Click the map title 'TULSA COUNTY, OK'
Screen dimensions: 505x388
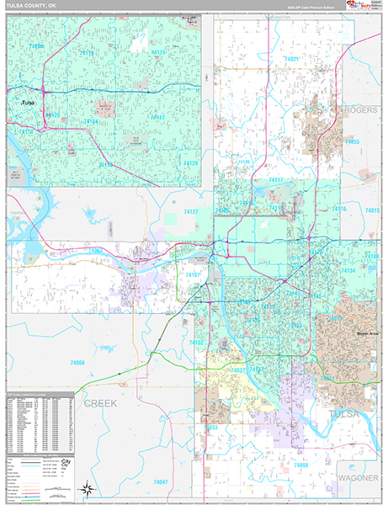pyautogui.click(x=34, y=8)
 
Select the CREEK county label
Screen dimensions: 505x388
pyautogui.click(x=99, y=404)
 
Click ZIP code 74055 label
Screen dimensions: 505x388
pyautogui.click(x=352, y=141)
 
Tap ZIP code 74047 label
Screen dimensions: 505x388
pyautogui.click(x=161, y=481)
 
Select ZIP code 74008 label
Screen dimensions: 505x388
pyautogui.click(x=300, y=465)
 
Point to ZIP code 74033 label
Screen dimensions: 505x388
pyautogui.click(x=211, y=427)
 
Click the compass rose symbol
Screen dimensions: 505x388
pyautogui.click(x=86, y=488)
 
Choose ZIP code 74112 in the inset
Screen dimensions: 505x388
pyautogui.click(x=155, y=117)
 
